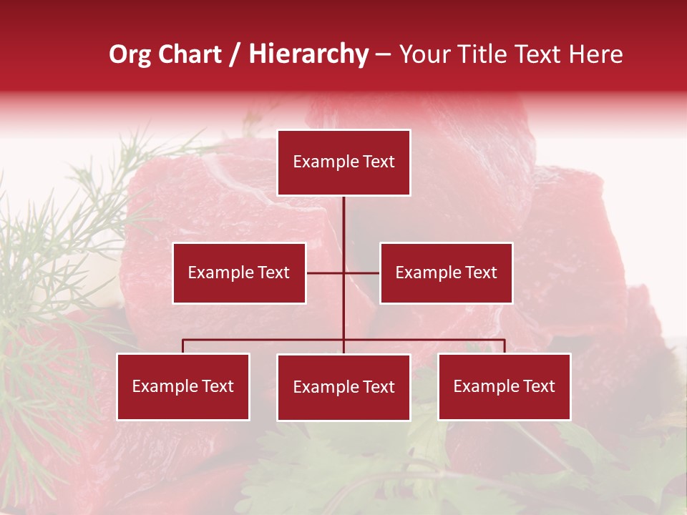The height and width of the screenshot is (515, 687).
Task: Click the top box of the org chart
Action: point(343,162)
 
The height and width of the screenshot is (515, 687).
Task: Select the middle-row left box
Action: point(239,273)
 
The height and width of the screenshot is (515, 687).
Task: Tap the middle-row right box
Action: point(446,273)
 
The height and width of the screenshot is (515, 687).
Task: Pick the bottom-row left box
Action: point(183,386)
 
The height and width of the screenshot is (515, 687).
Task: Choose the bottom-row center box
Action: point(343,387)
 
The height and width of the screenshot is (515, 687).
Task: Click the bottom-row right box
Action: point(504,386)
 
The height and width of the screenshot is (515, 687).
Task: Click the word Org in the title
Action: point(130,54)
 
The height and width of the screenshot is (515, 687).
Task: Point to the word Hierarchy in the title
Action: point(308,54)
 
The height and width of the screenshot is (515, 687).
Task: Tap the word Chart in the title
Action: point(190,54)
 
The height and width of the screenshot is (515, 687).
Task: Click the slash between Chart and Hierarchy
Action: point(235,54)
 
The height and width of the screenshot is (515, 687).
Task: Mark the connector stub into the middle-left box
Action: point(324,273)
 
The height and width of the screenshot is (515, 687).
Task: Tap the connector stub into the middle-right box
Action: point(362,273)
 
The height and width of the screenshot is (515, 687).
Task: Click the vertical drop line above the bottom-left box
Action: point(183,346)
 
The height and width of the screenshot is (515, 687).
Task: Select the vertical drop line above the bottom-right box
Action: point(504,346)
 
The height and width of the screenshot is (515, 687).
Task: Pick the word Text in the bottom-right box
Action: point(538,386)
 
